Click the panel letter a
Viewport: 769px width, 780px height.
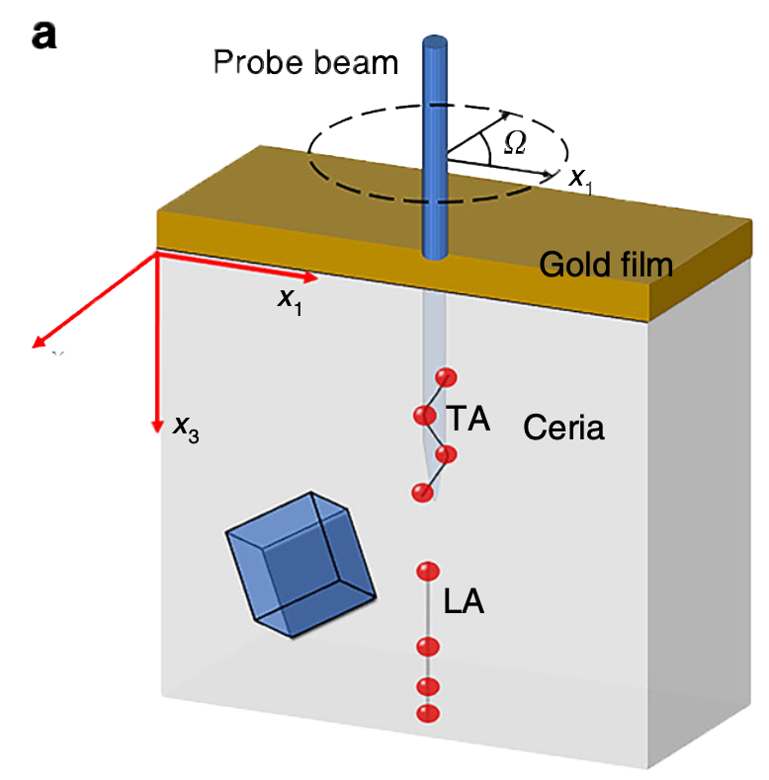(44, 37)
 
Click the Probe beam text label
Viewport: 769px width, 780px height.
(305, 63)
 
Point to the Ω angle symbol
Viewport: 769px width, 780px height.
(514, 143)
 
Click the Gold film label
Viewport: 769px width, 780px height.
(606, 264)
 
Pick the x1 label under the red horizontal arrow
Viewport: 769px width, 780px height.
(290, 300)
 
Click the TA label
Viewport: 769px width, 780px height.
(468, 419)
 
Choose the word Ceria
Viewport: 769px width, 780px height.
(563, 428)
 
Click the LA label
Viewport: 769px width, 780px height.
(463, 601)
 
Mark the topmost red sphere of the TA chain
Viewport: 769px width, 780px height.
(447, 377)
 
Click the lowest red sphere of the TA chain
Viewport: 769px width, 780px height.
(423, 492)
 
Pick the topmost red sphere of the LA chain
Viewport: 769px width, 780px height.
(428, 571)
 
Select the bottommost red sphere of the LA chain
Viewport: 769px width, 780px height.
(428, 713)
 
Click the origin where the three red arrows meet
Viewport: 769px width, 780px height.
(157, 252)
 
